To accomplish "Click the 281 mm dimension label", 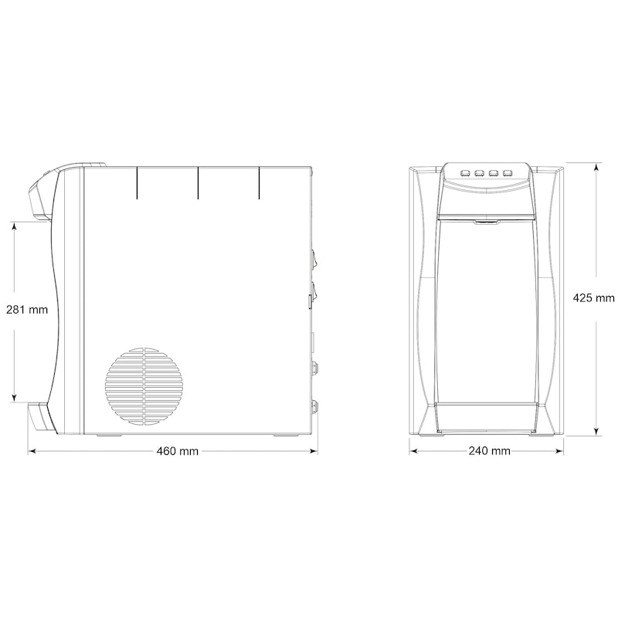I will (x=27, y=310).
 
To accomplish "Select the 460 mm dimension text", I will (x=178, y=450).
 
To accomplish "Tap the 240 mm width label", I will (x=489, y=450).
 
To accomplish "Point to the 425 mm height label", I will (x=593, y=297).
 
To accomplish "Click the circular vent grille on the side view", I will (x=145, y=385).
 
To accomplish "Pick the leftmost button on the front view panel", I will (x=464, y=173).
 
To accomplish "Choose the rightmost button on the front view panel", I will (x=508, y=173).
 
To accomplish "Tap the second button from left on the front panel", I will (x=479, y=173).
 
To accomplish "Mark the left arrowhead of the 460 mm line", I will (x=32, y=450).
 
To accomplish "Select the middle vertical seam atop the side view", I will (x=198, y=182).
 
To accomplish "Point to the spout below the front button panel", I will (x=485, y=223).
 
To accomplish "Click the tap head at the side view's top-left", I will (x=42, y=193).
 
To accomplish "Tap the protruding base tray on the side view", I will (x=41, y=416).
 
